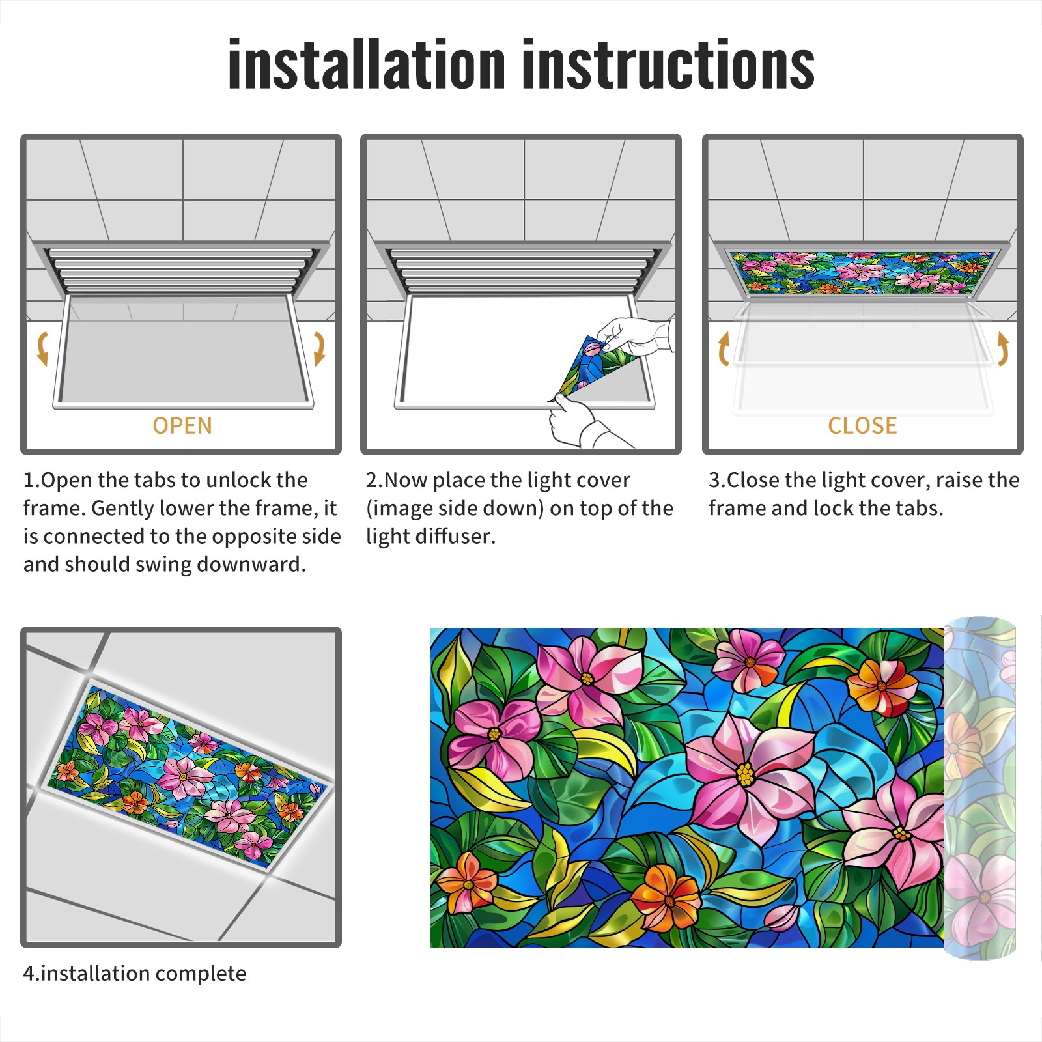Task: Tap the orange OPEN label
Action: [182, 426]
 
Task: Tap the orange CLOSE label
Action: [862, 426]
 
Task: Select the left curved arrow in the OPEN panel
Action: [42, 348]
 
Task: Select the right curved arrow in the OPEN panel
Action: [319, 348]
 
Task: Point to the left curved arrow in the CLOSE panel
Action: [724, 348]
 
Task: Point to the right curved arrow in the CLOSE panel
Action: [1003, 348]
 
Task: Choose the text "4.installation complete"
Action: [135, 974]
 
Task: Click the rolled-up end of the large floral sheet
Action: [979, 788]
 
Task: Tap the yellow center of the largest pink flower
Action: [745, 774]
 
